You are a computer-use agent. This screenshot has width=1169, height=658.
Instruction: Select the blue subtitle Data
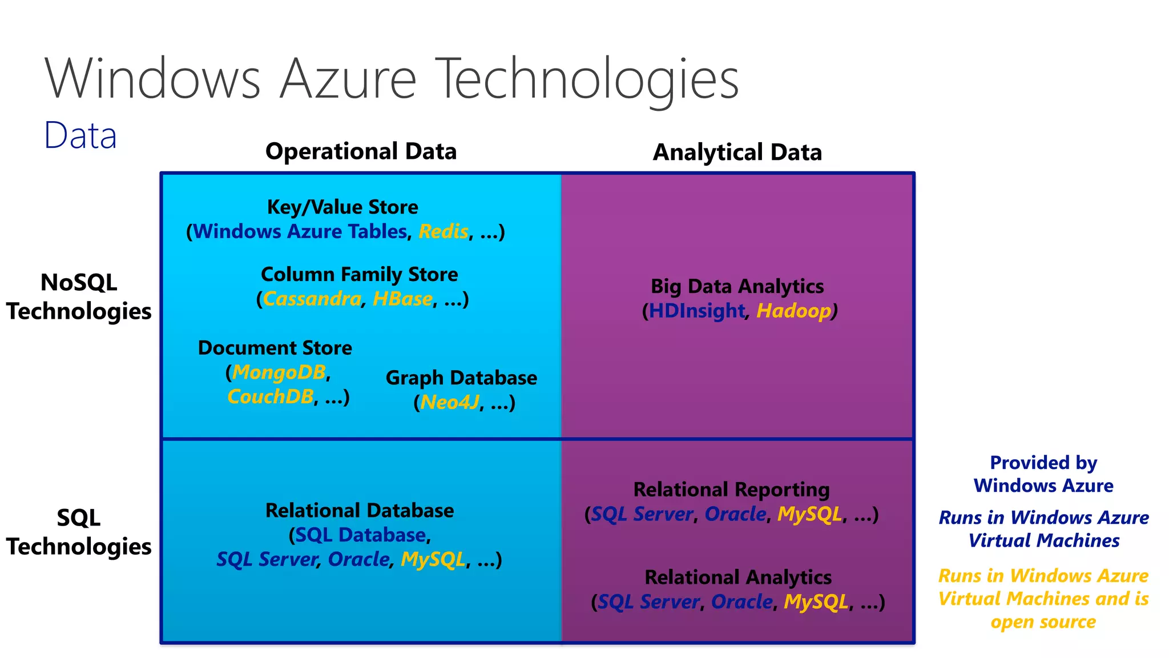click(80, 136)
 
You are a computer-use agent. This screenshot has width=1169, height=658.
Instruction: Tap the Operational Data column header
click(361, 151)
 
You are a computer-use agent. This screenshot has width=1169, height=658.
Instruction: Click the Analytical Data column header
click(737, 153)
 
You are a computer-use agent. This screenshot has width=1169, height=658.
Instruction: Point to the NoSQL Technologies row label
click(79, 297)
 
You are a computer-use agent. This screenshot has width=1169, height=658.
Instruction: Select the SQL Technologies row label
click(79, 532)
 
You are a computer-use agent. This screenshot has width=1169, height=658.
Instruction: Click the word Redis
click(443, 232)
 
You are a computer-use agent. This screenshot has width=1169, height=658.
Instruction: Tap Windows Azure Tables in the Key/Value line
click(300, 232)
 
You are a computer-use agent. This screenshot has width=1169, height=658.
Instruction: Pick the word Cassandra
click(312, 299)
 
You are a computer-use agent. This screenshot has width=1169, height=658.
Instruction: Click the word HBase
click(402, 299)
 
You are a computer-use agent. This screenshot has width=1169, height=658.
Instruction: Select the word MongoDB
click(279, 372)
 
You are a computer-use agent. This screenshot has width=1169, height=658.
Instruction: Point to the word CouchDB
click(270, 396)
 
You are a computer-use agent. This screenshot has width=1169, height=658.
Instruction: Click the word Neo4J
click(450, 403)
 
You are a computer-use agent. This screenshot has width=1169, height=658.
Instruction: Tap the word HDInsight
click(696, 311)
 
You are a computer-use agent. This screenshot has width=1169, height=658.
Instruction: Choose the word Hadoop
click(793, 311)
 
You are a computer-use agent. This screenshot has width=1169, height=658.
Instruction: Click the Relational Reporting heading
click(731, 490)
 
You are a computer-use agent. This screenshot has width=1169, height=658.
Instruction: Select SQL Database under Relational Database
click(360, 535)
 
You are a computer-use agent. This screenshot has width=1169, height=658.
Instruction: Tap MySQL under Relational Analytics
click(816, 602)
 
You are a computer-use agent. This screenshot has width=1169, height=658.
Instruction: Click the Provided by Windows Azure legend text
click(1043, 474)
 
